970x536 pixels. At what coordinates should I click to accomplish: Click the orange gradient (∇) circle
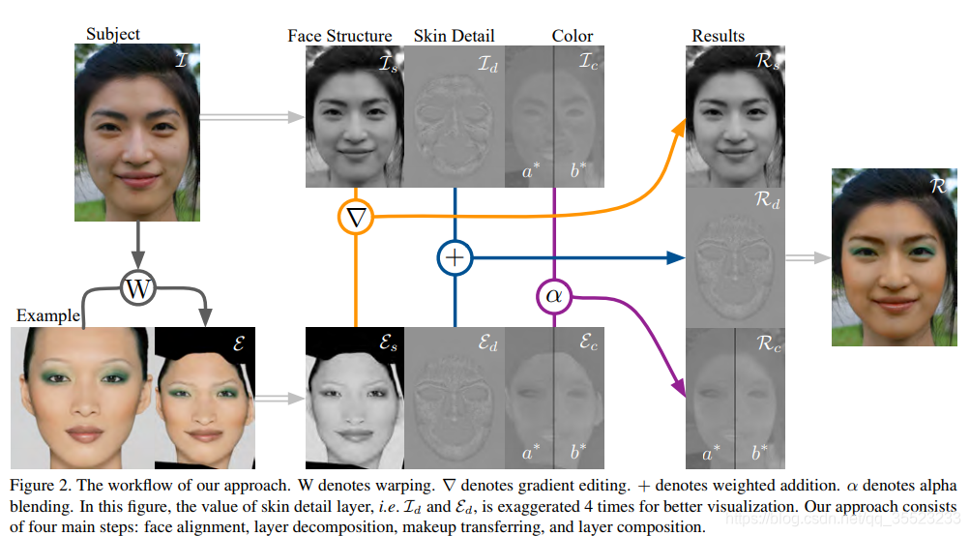tap(357, 217)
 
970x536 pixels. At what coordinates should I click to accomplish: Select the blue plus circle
tap(455, 257)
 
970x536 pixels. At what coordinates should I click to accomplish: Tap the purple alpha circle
tap(553, 295)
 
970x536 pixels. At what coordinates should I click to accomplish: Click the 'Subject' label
tap(112, 34)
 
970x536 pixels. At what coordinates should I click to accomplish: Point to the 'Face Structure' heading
tap(339, 36)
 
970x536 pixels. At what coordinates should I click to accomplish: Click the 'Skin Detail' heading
tap(453, 36)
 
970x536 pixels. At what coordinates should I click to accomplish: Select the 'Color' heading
tap(573, 36)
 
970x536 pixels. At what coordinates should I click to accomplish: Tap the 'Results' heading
tap(718, 36)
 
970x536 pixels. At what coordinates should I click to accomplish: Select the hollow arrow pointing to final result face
tap(807, 257)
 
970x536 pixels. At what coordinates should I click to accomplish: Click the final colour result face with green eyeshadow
tap(895, 256)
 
